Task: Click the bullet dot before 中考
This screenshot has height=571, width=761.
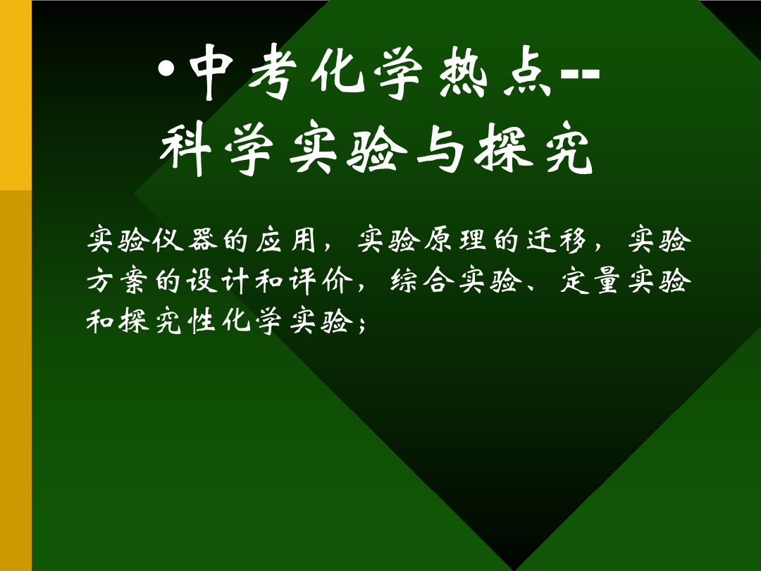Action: point(166,69)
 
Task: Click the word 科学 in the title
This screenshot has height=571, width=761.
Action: point(217,147)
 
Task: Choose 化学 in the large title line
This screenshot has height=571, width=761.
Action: point(367,73)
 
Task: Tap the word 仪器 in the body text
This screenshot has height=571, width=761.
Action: point(185,240)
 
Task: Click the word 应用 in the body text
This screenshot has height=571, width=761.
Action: point(286,240)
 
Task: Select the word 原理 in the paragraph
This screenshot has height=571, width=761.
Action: point(455,240)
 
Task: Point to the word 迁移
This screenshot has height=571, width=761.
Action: point(557,240)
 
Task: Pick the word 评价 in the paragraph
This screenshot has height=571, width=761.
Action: point(321,281)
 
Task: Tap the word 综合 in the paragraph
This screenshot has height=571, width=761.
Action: point(422,281)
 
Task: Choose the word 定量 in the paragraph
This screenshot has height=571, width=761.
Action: point(590,281)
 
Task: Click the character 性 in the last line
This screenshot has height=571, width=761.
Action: point(202,321)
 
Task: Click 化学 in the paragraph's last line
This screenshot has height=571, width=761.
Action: point(252,321)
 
